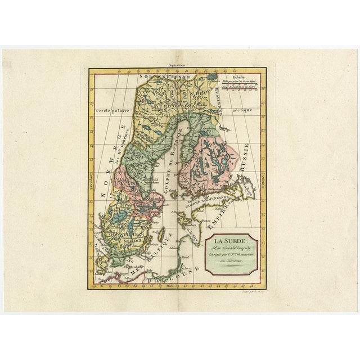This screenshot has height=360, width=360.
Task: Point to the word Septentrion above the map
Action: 174,66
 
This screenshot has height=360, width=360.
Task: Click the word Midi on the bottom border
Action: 171,285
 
